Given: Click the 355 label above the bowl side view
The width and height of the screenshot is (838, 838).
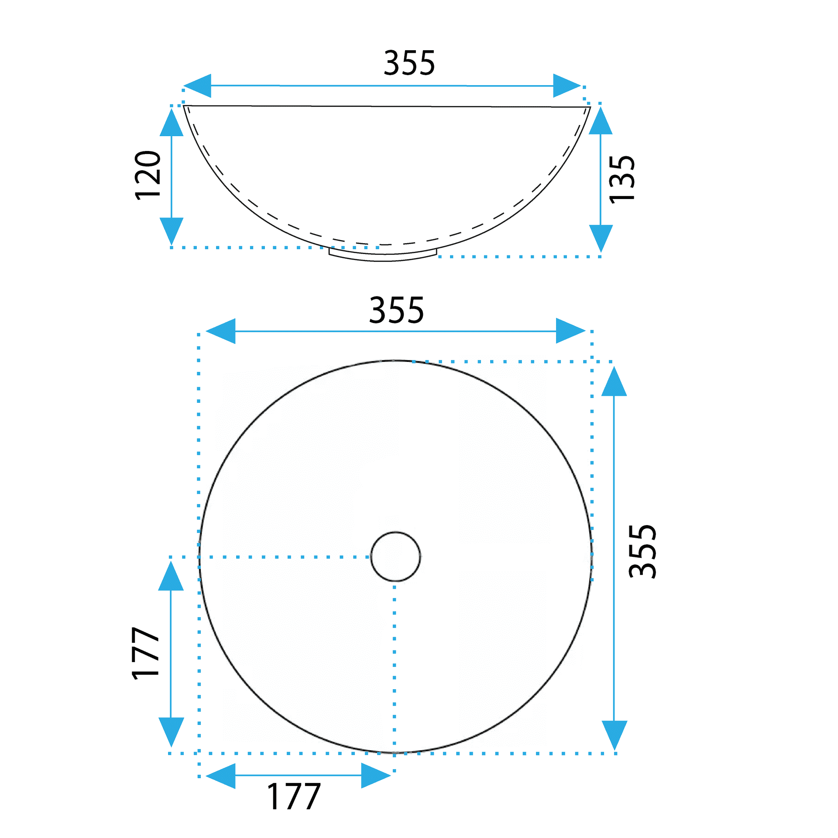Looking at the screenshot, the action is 409,63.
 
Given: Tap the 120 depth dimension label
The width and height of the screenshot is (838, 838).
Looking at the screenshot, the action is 148,175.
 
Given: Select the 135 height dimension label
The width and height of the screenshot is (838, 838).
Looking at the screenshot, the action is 622,179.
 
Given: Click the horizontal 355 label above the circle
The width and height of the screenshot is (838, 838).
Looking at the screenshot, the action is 396,310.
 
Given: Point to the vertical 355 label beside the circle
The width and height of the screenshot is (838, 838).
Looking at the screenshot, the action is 642,551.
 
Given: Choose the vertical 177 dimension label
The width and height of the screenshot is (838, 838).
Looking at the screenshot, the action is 145,653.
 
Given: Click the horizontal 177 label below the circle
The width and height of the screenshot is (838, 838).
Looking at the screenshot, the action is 294,797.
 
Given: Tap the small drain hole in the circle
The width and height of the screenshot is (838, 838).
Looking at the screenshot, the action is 395,556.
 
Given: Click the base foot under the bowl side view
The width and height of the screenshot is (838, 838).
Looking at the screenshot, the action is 383,255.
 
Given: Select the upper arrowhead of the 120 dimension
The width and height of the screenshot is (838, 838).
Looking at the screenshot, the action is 171,122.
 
